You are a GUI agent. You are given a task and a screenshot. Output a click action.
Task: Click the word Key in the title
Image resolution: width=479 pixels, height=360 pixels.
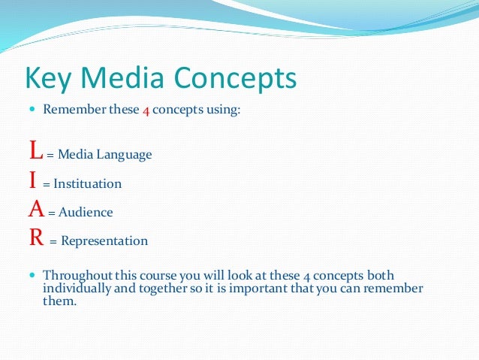(x=47, y=78)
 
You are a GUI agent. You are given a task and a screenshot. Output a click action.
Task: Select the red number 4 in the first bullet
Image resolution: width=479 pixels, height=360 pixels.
(x=146, y=110)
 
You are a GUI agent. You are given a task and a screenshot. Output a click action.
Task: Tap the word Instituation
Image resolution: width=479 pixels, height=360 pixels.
(x=87, y=183)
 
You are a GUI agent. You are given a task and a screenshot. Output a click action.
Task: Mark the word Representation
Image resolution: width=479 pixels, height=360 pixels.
(x=104, y=241)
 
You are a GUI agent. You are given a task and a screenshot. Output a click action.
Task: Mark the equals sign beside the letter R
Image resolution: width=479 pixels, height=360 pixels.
(x=53, y=242)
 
